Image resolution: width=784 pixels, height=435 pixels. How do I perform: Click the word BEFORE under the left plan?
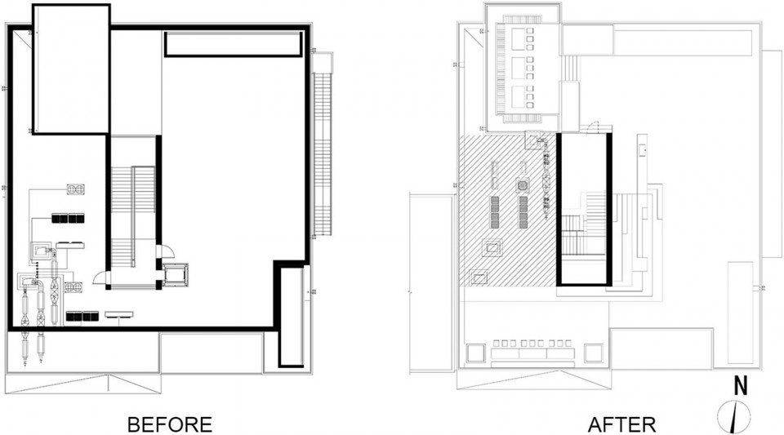click(x=170, y=424)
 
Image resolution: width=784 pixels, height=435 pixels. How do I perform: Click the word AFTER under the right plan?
click(x=621, y=424)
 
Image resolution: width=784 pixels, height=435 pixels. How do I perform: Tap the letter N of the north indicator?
click(x=741, y=387)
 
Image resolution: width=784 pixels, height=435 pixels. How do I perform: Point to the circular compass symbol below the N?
click(x=733, y=416)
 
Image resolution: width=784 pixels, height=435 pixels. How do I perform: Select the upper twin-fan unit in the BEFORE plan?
click(x=75, y=189)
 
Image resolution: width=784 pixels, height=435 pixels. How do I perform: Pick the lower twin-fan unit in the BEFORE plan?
click(x=73, y=287)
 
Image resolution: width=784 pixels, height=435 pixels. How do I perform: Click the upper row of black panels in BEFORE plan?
click(x=68, y=218)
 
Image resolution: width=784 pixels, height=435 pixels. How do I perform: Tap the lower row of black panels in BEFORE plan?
click(x=82, y=316)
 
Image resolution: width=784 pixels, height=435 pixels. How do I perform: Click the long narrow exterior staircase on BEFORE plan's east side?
click(x=323, y=153)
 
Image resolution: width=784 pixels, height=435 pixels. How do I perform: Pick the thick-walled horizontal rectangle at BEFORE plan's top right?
click(x=233, y=44)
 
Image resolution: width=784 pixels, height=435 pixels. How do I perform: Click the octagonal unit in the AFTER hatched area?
click(x=523, y=186)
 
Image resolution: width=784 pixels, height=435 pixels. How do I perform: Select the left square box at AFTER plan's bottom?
click(x=476, y=353)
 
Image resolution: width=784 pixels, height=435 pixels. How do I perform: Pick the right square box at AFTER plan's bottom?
click(x=594, y=353)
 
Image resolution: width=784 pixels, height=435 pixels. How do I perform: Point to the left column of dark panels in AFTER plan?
click(x=495, y=211)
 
